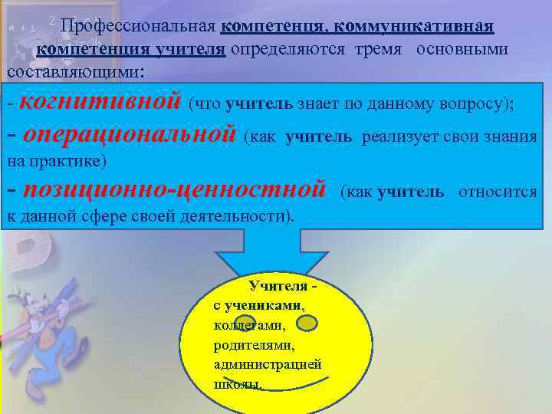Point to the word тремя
(x=382, y=50)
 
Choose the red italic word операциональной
(x=129, y=136)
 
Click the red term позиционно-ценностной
(x=176, y=190)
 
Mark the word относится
(x=498, y=192)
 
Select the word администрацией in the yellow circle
(x=268, y=364)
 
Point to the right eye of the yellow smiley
(x=306, y=325)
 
